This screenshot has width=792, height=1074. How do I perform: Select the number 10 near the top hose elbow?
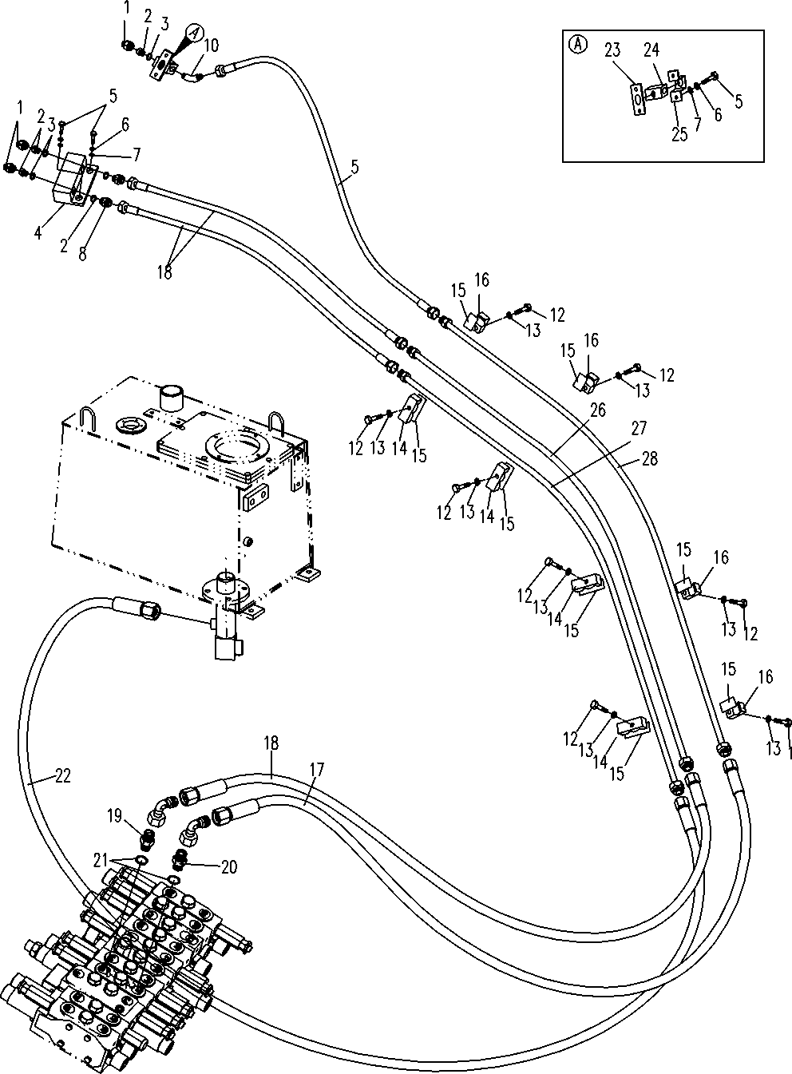click(x=210, y=46)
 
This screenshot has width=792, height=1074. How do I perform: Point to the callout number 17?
click(x=317, y=770)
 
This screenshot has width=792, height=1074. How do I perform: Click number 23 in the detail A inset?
click(x=613, y=49)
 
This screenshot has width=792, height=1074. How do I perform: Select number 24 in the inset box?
click(x=652, y=49)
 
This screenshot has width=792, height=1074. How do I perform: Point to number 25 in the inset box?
click(x=679, y=134)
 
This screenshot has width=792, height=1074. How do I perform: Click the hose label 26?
click(x=598, y=410)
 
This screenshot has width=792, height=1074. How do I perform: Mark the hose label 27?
click(x=639, y=428)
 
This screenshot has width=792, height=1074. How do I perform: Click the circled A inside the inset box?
click(x=576, y=44)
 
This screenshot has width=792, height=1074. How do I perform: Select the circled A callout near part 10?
click(x=192, y=32)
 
